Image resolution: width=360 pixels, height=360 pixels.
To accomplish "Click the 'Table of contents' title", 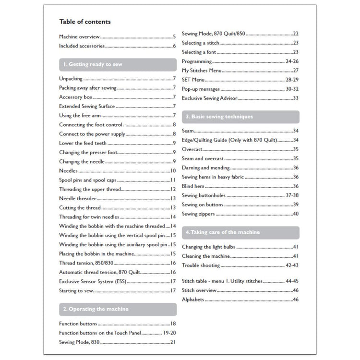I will pos(84,22).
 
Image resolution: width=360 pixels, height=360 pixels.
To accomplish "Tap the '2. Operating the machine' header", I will pos(96,309).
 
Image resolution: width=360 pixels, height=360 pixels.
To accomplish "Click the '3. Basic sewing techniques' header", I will pos(219,117).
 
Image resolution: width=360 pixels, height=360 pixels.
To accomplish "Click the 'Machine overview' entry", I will pos(79,36).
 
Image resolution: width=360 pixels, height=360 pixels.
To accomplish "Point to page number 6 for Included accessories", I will pos(174,47).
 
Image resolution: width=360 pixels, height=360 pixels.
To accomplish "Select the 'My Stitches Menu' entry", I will pos(202,71).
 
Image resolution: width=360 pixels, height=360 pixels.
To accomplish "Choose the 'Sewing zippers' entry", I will pos(198,214).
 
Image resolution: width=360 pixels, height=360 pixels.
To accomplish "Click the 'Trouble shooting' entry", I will pos(201,265).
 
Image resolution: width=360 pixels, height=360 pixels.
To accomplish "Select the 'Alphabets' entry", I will pos(193,300).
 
